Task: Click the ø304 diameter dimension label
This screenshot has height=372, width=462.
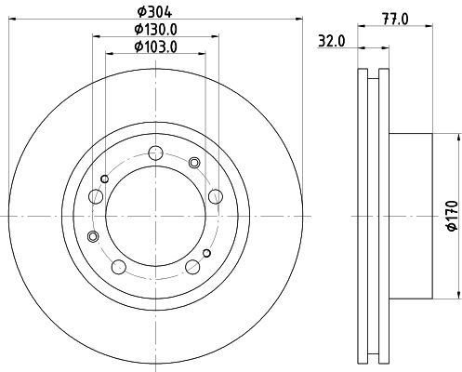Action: click(x=154, y=12)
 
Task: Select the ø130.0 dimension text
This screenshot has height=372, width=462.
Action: click(x=155, y=30)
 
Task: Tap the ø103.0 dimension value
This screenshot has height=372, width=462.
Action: click(x=155, y=47)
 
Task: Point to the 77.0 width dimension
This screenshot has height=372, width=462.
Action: click(x=395, y=20)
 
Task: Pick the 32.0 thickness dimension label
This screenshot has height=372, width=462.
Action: click(x=331, y=41)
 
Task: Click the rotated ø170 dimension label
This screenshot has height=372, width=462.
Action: click(x=452, y=216)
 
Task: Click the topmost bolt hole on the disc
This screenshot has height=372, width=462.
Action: click(x=155, y=153)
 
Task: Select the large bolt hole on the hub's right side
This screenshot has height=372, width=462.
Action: click(x=216, y=196)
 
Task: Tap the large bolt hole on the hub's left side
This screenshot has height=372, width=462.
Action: click(x=96, y=196)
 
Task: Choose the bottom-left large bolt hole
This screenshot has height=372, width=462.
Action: click(x=119, y=267)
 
